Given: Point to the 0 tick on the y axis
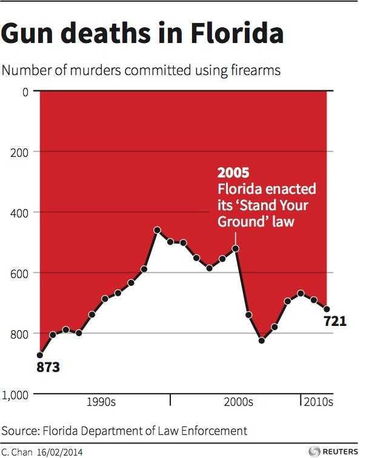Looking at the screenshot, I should [25, 92].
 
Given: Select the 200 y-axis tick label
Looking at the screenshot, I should [20, 151].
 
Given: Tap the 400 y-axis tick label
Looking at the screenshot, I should [20, 212].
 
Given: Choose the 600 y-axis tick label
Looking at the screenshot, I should [20, 273].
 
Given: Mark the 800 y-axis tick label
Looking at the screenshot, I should [20, 334].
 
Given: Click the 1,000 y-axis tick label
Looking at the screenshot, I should [16, 394].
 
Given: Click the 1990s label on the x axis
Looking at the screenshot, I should [101, 402].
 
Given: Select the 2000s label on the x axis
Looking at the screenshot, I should [238, 402].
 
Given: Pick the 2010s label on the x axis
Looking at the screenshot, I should [318, 402].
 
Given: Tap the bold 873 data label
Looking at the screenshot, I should [48, 367].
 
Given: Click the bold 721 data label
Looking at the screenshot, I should [334, 322].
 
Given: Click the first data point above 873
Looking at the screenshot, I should [40, 355].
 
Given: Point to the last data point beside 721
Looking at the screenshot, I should [327, 309].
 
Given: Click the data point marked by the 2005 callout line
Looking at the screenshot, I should [235, 248].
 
